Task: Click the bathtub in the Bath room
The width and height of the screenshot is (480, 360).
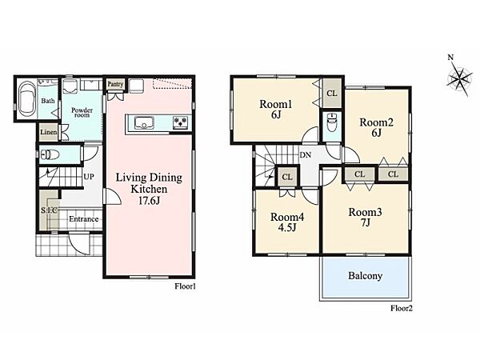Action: click(27, 99)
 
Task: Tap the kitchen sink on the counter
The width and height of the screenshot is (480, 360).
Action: click(144, 122)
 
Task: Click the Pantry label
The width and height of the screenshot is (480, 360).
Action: click(115, 84)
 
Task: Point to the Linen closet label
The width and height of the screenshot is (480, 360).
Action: click(49, 132)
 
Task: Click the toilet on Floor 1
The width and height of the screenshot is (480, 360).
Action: click(50, 155)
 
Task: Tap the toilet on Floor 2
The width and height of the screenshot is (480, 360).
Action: click(332, 122)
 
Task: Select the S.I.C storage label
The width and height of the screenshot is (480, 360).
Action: click(50, 210)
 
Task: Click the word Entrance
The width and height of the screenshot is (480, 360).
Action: click(83, 219)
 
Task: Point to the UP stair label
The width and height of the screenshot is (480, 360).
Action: click(89, 177)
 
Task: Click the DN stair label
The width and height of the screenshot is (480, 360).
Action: click(306, 155)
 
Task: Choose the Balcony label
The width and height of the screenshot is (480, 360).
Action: click(366, 276)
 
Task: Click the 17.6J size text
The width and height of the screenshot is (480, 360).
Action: click(149, 201)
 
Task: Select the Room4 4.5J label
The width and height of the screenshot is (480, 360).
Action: click(287, 222)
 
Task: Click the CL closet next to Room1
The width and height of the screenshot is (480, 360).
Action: click(331, 93)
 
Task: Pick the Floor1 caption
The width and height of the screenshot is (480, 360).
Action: click(185, 286)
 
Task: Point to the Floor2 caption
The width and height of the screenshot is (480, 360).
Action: click(402, 308)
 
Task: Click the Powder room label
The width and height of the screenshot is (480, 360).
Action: click(82, 112)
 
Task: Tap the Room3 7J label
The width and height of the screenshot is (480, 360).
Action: click(365, 217)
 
